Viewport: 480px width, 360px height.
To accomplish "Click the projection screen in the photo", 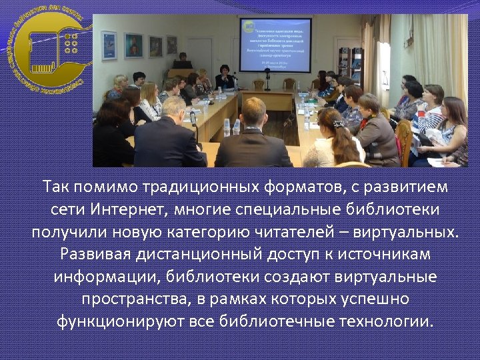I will pos(275,45).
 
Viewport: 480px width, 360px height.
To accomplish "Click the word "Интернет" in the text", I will pos(126,210).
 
